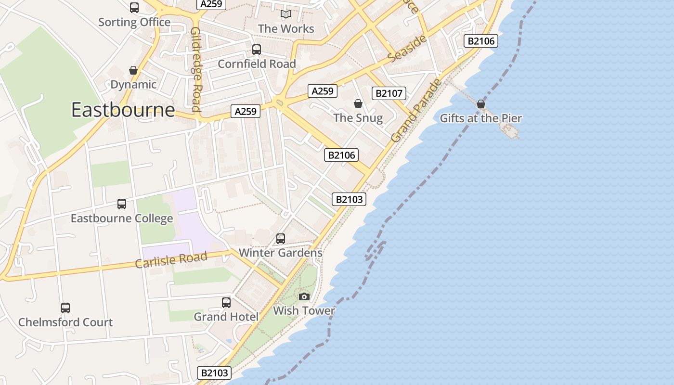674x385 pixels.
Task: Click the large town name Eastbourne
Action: [x=123, y=110]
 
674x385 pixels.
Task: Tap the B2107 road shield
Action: [x=389, y=93]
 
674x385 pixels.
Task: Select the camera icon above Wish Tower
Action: [x=304, y=296]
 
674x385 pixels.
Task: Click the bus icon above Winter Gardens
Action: [x=281, y=238]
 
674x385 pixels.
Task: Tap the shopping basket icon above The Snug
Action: [x=358, y=103]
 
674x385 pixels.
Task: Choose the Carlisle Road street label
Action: [x=171, y=260]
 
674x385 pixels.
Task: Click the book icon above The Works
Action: [x=286, y=14]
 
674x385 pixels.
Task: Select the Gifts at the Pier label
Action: [x=480, y=118]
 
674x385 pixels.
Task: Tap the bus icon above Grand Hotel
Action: [x=226, y=302]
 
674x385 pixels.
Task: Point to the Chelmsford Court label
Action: [x=65, y=322]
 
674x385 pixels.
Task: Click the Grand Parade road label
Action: [x=416, y=111]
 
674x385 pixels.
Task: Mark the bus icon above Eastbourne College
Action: [x=122, y=204]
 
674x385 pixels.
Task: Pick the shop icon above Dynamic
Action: [x=133, y=70]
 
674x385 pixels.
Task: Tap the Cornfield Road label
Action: [x=257, y=64]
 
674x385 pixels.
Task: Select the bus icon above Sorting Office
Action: [x=134, y=8]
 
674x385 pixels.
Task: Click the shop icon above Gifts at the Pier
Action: [x=480, y=104]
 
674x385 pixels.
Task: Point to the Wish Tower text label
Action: [x=304, y=311]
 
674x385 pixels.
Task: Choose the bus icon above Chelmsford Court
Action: [x=65, y=308]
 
